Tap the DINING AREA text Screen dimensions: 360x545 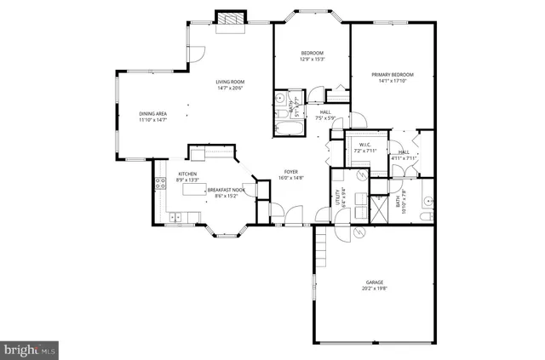tap(153, 114)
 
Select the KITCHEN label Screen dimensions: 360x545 tap(187, 174)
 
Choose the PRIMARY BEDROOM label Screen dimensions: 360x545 tap(392, 75)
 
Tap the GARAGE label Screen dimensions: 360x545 tap(375, 282)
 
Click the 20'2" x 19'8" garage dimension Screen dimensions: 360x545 tap(375, 289)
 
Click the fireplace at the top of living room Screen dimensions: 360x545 tap(230, 20)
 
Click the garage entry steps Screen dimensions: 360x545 tap(321, 249)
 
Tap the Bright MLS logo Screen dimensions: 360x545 tap(30, 349)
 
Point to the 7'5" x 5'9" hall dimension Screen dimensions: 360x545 tap(326, 118)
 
